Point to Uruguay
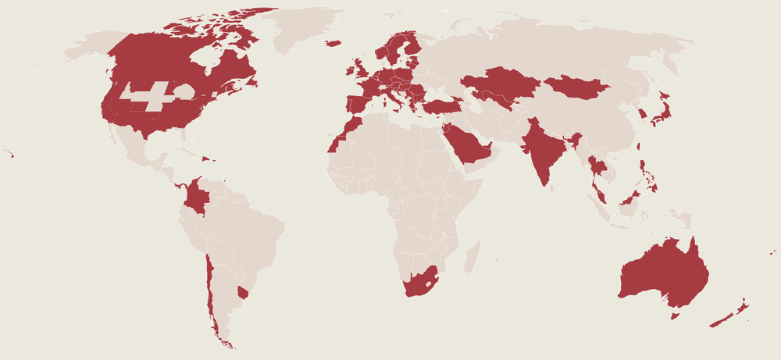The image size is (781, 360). (x=242, y=292)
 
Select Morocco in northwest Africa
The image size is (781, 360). (x=348, y=128)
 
